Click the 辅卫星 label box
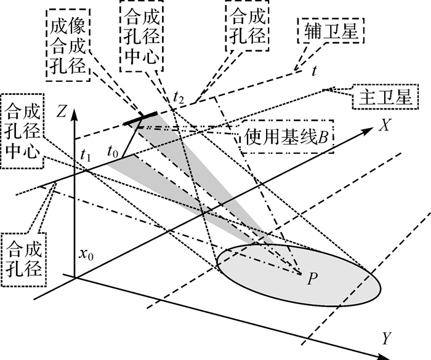(331, 30)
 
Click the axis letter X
(386, 125)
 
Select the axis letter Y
(386, 338)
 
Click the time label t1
(86, 156)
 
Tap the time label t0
(112, 150)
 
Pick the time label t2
(179, 97)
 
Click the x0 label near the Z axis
(86, 254)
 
